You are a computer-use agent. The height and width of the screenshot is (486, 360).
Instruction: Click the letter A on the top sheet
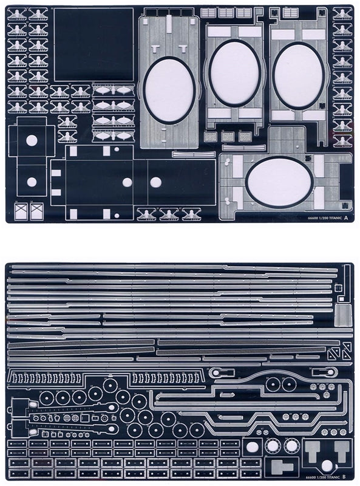coord(346,217)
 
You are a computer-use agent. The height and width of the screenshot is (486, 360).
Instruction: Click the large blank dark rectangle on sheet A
coord(93,44)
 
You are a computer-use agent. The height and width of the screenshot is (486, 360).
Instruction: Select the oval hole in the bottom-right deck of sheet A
coord(279,182)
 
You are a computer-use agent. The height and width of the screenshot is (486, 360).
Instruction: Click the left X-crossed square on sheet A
coord(21,211)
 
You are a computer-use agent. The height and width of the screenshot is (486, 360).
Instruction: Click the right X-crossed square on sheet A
coord(37,211)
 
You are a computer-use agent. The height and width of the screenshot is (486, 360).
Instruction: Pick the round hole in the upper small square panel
coord(32,140)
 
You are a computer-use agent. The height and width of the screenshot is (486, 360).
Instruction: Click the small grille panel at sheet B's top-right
coord(343,315)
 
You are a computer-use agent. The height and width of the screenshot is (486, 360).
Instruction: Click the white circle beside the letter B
coord(327,466)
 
